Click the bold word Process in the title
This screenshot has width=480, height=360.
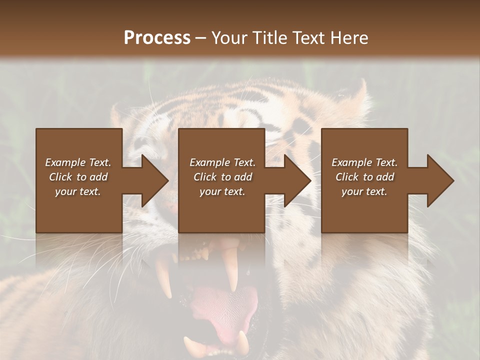(x=157, y=38)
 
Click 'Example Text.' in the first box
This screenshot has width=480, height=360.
(x=78, y=162)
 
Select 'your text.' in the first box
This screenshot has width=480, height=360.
(x=78, y=191)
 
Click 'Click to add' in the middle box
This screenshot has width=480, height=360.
(x=222, y=177)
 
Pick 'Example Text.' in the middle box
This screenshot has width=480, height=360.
(x=222, y=162)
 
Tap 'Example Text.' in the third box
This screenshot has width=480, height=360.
(x=364, y=162)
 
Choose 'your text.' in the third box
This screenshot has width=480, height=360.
(x=364, y=191)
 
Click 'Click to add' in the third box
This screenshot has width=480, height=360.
(x=364, y=177)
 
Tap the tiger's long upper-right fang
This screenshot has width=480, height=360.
(x=231, y=270)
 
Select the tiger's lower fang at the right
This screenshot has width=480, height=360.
(x=242, y=342)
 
